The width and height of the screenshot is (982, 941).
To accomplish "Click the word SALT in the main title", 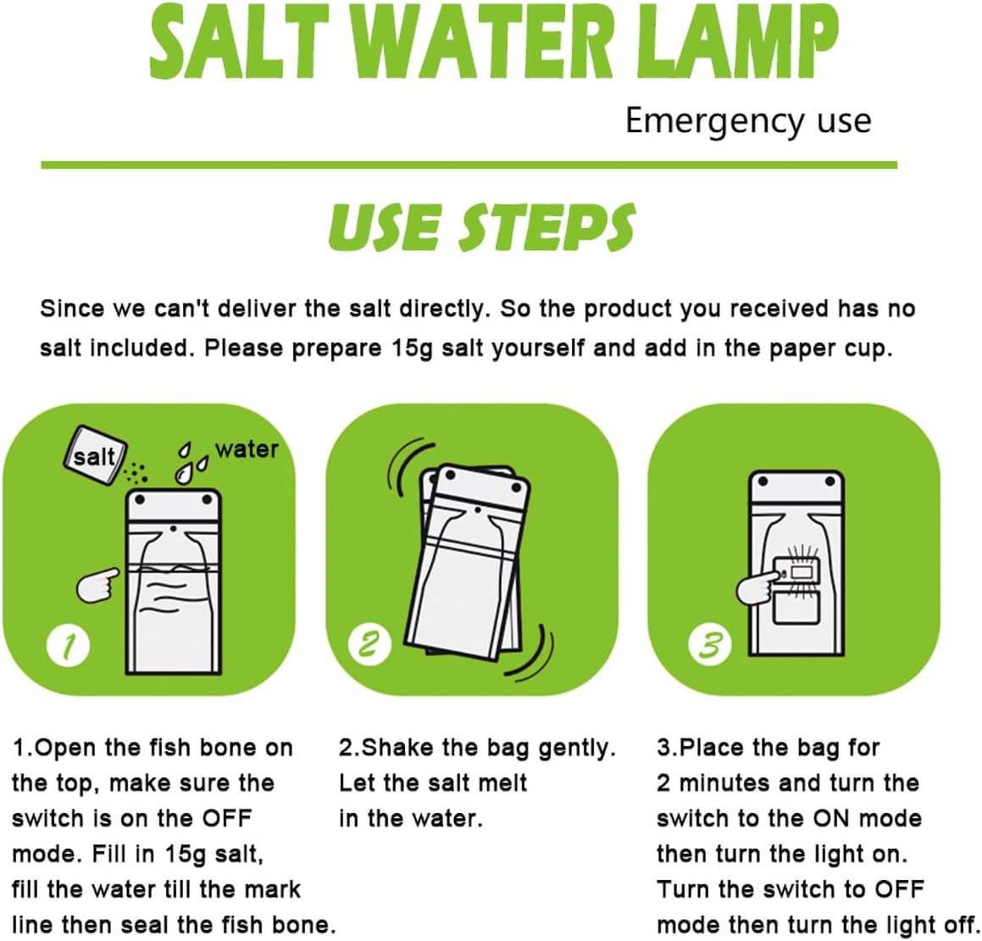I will click(x=238, y=42).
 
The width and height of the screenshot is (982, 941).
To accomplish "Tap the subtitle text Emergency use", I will click(x=747, y=121).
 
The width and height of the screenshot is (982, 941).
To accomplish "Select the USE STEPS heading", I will click(x=481, y=228).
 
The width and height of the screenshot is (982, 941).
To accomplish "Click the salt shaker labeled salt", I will click(x=95, y=456).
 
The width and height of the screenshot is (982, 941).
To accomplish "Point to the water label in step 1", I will click(x=247, y=449).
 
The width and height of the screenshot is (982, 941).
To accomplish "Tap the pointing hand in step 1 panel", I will click(x=97, y=585).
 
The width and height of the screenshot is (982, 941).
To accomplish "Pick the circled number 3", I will click(x=709, y=646).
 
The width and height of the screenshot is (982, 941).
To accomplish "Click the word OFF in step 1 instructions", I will click(x=226, y=819).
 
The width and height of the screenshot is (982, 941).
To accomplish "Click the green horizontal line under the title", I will click(x=469, y=164).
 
